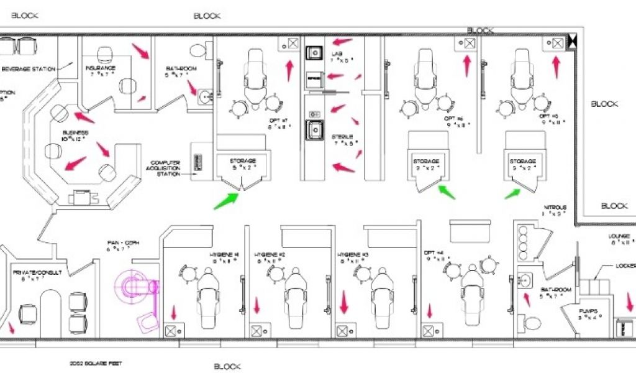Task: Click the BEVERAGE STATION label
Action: [x=28, y=68]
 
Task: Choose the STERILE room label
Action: [x=342, y=137]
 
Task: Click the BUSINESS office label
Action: [x=75, y=133]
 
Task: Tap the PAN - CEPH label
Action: [x=118, y=242]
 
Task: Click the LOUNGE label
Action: [x=620, y=236]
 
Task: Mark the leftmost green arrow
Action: [x=226, y=200]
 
